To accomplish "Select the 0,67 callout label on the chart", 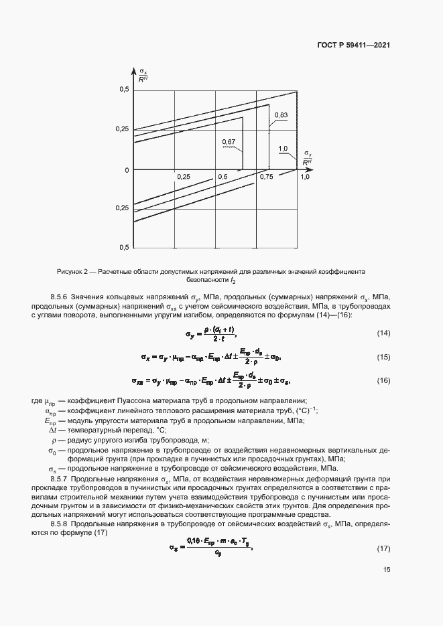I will (229, 142).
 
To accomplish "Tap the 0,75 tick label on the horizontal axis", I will (267, 176).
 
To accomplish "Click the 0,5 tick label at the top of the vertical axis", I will (124, 90).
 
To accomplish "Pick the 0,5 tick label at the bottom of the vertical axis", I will (124, 248).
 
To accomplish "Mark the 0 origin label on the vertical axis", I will (125, 170).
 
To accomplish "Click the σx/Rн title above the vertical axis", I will (143, 75).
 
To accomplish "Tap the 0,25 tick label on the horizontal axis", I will (184, 176).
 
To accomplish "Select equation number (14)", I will (383, 333).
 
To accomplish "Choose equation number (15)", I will (383, 358).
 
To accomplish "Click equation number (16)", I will (383, 380).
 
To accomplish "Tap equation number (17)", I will (383, 549).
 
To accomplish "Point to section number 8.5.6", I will (60, 297).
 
